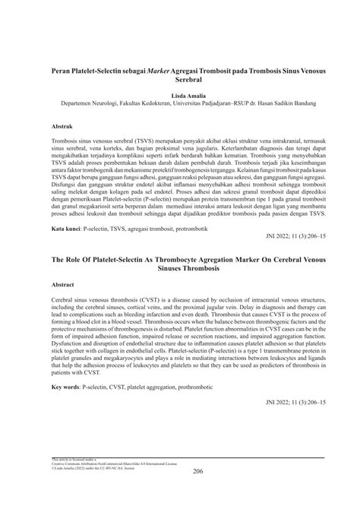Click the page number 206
tap(180, 473)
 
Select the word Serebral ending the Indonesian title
tap(179, 77)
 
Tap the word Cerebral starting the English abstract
tap(63, 299)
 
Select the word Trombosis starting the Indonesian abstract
tap(66, 141)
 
